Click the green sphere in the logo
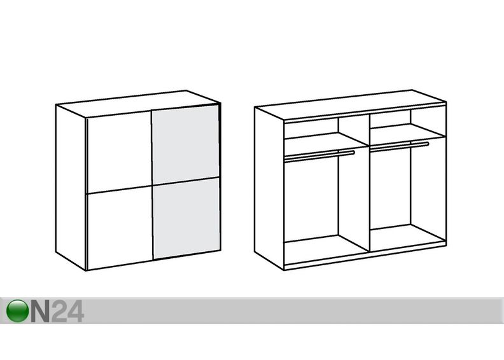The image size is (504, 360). coord(17,311)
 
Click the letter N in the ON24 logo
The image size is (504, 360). coord(40,311)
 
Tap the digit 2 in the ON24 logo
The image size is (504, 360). coord(59,311)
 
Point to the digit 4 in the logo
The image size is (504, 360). coord(76,311)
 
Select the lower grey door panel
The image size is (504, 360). coord(186,218)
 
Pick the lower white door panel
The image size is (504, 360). coord(120,228)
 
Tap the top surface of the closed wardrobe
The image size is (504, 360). coord(138,104)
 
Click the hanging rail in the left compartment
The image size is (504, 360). coord(320,155)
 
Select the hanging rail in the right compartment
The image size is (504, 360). coord(399,146)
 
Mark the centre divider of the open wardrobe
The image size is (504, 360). coord(368,183)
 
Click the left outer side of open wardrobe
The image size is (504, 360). coord(269,188)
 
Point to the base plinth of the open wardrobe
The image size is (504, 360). coord(365,256)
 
